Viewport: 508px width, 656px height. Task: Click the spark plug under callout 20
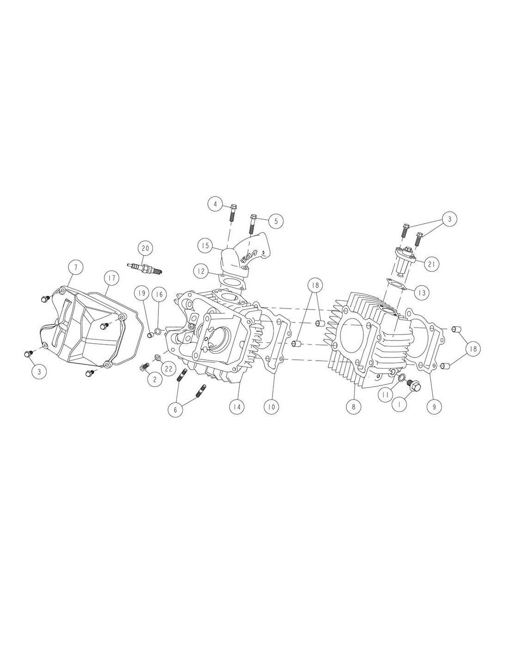145,268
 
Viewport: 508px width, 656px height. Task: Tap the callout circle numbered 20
145,248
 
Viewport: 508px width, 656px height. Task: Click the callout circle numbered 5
276,221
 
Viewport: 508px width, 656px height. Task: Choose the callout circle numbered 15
206,245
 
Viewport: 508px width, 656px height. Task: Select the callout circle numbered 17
112,277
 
